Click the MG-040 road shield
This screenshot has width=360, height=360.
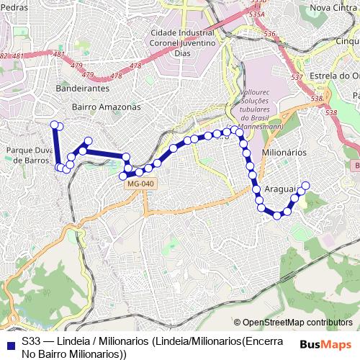140,184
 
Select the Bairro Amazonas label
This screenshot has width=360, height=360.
106,106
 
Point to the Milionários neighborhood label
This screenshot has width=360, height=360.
284,153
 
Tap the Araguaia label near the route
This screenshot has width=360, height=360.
281,189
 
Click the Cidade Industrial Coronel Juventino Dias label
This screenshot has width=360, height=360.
184,42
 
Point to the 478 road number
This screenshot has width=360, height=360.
135,66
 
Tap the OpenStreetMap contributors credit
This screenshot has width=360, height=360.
297,323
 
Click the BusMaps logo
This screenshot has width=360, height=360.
326,344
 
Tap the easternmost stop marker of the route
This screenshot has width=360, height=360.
305,186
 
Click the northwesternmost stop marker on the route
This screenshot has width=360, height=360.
53,125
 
